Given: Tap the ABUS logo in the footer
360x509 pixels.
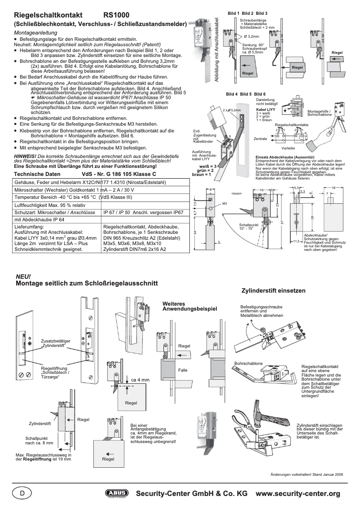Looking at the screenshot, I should point(116,493).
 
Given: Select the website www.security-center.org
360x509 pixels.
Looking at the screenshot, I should point(298,493).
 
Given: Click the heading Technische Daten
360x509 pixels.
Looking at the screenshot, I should point(37,174).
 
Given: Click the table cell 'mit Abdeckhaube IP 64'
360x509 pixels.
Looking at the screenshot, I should point(40,220).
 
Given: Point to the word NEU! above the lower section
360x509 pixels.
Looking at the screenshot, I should point(23,276).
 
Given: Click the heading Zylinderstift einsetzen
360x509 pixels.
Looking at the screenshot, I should point(273,290).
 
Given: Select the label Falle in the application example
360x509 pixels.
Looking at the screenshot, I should point(183,370).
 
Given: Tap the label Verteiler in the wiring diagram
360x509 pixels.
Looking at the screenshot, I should point(288,148).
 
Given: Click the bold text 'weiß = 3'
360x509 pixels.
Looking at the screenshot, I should point(208,166).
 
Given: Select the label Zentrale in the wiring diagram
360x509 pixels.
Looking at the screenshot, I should point(260,139).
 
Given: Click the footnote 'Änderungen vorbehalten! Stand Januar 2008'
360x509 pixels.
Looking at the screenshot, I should point(307,474).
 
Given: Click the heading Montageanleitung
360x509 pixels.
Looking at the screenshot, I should point(36,33).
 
